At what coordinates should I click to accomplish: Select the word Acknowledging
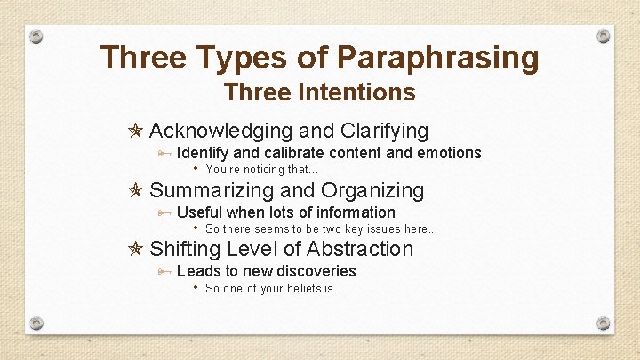[x=220, y=132]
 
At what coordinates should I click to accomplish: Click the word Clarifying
[x=384, y=132]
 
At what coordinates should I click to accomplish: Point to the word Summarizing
[x=212, y=190]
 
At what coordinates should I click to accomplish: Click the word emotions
[x=449, y=153]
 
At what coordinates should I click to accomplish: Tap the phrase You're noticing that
[x=261, y=169]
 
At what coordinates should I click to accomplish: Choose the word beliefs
[x=301, y=288]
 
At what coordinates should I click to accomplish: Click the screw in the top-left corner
[x=36, y=37]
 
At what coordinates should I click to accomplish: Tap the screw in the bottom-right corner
[x=604, y=322]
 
